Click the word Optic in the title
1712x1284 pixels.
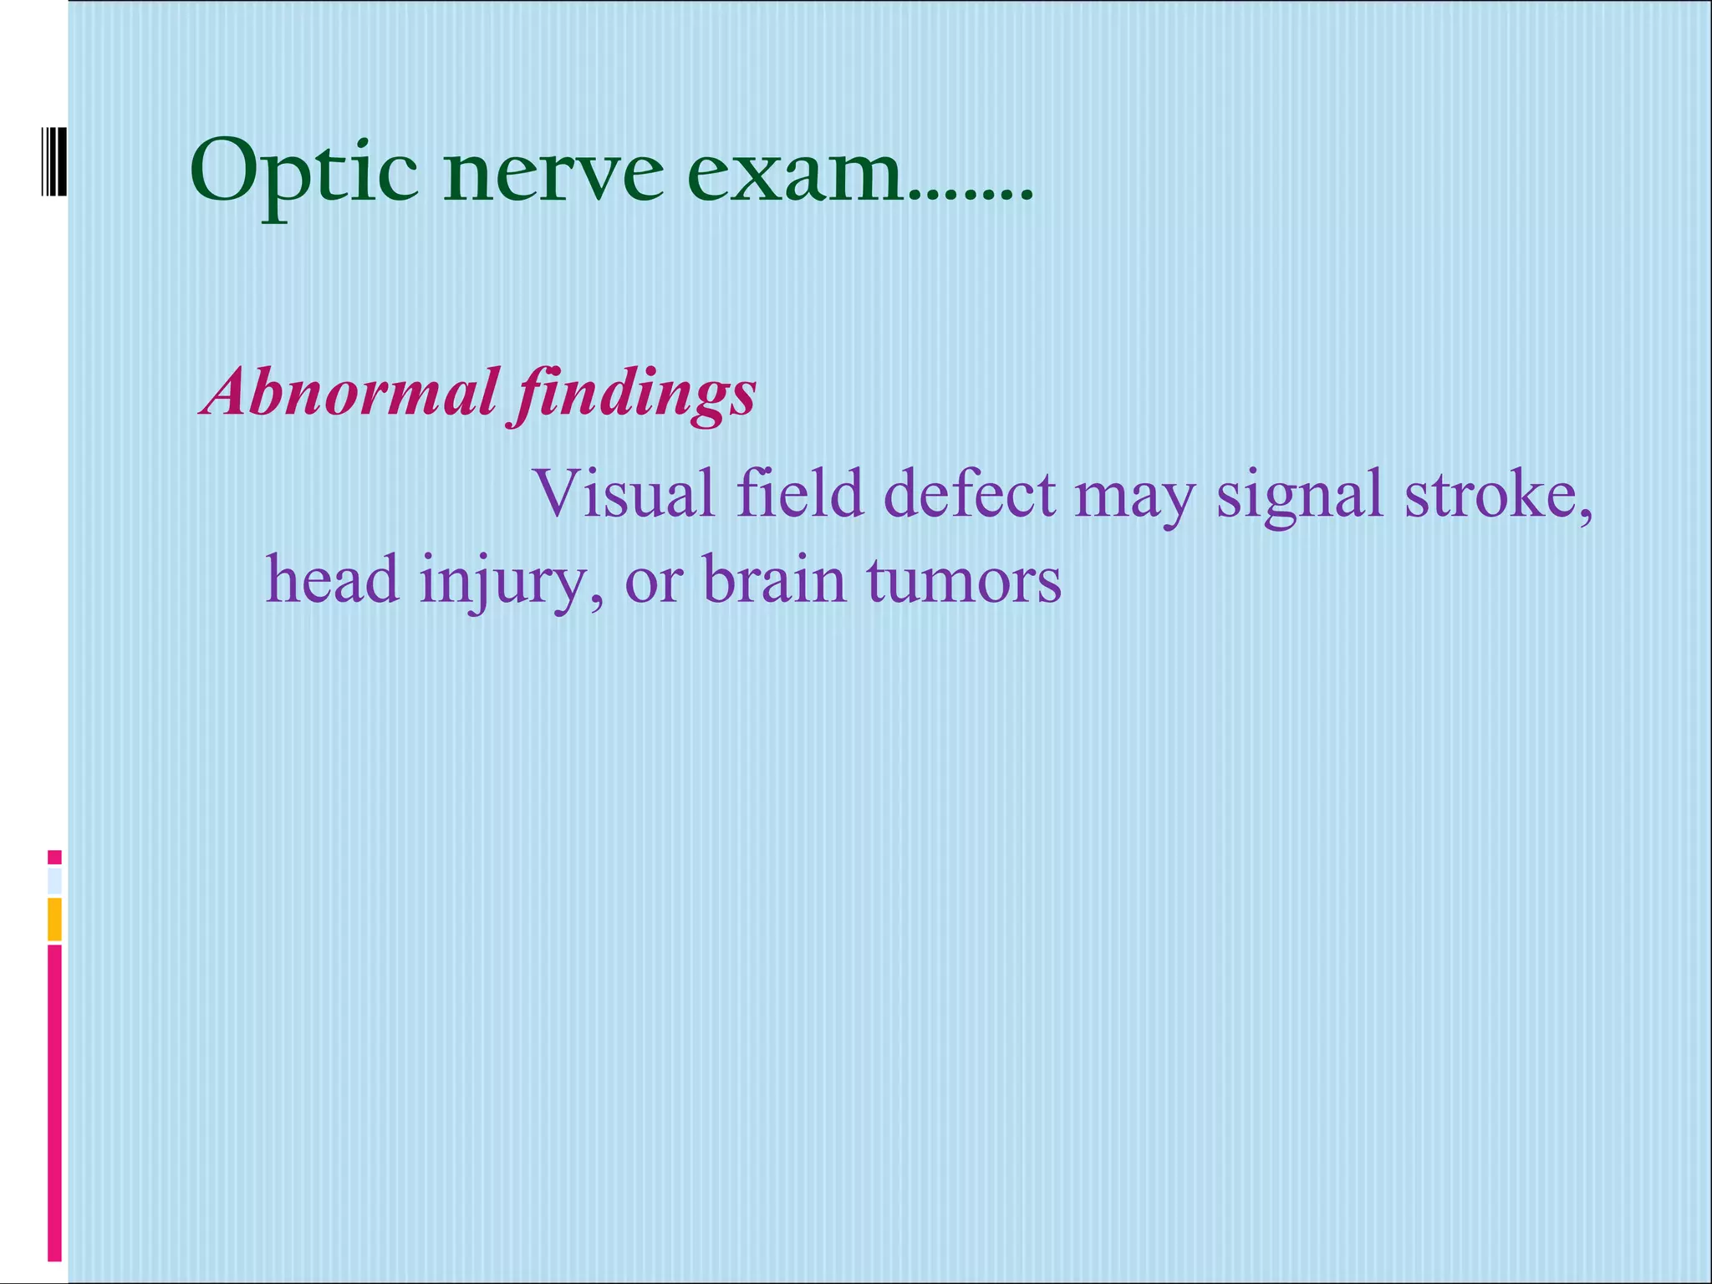pos(303,175)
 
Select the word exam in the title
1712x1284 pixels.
pos(794,175)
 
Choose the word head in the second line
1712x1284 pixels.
pos(332,579)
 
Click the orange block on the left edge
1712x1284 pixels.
pos(54,919)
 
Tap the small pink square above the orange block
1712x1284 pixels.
pos(54,857)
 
